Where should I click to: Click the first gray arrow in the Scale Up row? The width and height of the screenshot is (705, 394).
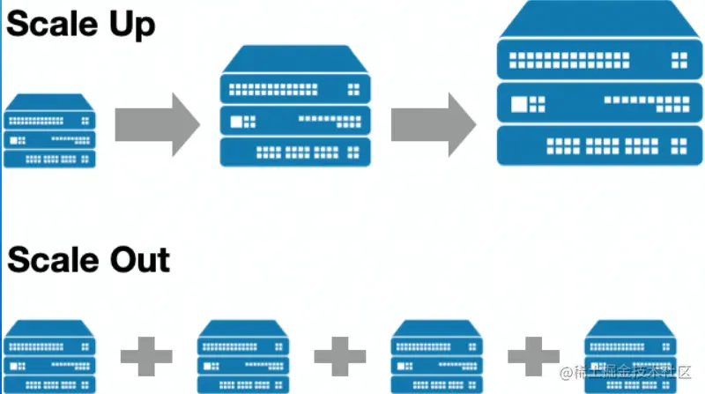coord(157,122)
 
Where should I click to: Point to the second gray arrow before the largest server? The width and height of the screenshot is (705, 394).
coord(433,122)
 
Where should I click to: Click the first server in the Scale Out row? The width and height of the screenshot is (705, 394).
coord(49,356)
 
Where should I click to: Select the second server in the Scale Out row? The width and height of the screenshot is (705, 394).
coord(243,356)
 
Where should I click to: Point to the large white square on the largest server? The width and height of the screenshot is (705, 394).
coord(514,104)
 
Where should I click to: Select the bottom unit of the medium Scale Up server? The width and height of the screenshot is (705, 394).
coord(294,152)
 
